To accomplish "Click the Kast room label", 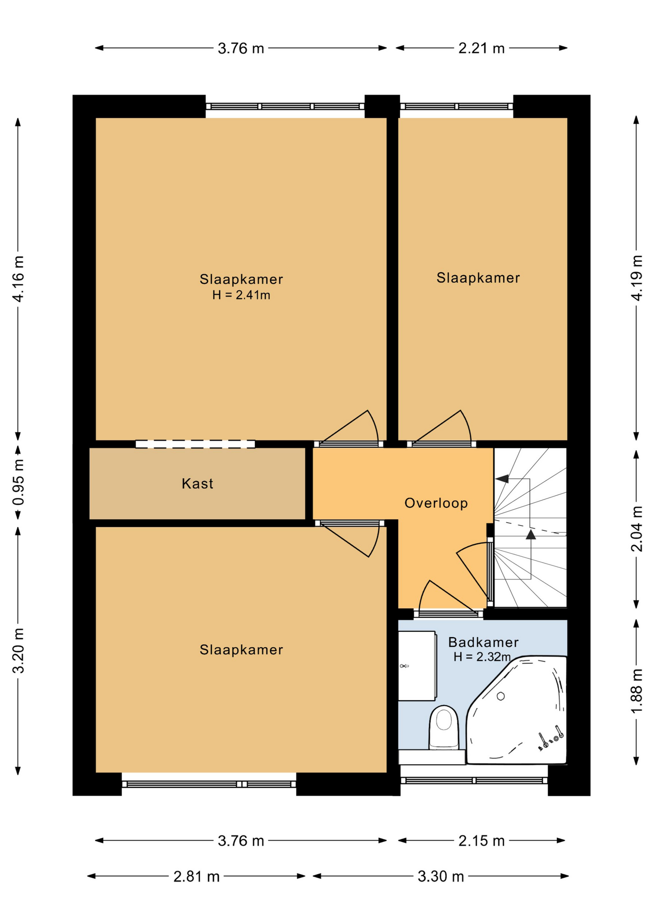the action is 197,484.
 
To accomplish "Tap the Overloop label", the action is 436,503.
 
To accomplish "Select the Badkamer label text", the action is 483,642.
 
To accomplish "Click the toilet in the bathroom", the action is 444,727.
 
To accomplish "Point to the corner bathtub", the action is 516,710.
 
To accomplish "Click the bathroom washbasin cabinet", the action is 417,666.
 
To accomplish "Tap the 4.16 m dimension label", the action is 18,279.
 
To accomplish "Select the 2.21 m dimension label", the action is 481,48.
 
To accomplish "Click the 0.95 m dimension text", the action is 18,483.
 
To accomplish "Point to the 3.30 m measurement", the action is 441,876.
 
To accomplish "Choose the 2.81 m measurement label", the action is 196,876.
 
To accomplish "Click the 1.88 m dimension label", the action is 636,691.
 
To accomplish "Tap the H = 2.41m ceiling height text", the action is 241,295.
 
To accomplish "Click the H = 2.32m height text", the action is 482,656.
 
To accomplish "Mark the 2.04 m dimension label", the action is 636,529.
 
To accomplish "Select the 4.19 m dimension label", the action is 636,278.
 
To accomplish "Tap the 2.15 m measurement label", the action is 481,841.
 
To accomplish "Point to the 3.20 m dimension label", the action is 18,650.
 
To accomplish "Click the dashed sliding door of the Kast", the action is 195,444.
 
